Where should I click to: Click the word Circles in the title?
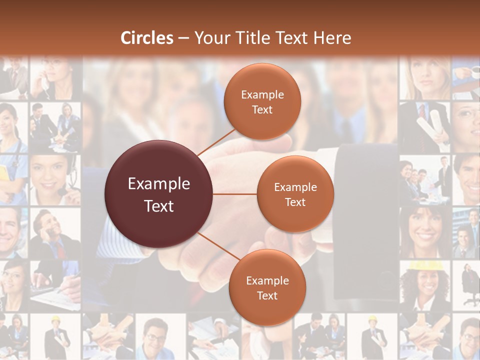(x=147, y=38)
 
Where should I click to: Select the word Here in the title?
(x=332, y=38)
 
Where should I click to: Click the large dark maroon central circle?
(x=159, y=194)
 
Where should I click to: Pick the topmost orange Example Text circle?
(x=262, y=101)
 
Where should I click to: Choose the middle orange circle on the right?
(x=295, y=194)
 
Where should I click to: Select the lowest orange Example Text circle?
(x=267, y=287)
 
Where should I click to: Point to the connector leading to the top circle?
(x=216, y=142)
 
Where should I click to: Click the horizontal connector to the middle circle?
(x=235, y=194)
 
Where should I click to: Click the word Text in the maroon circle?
(x=159, y=205)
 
